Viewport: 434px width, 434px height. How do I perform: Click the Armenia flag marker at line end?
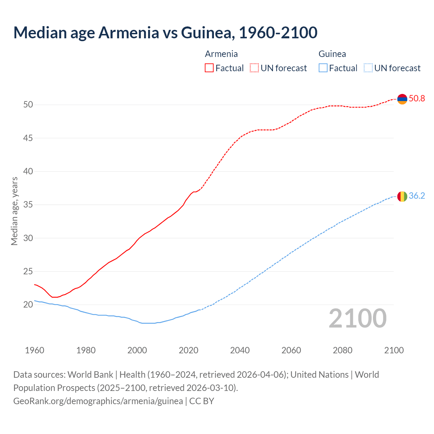[x=402, y=99]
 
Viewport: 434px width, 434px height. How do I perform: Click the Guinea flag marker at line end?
[x=402, y=196]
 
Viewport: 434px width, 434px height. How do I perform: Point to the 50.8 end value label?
[x=417, y=99]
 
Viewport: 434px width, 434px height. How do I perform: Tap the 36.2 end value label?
[x=417, y=196]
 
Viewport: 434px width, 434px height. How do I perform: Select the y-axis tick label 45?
[x=28, y=138]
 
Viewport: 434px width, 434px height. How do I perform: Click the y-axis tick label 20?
[x=28, y=305]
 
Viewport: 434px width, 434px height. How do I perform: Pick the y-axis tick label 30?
[x=28, y=238]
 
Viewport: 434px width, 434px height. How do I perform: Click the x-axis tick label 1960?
[x=35, y=350]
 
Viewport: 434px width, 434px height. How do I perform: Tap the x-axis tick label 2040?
[x=240, y=350]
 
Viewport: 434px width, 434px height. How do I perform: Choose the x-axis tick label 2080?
[x=342, y=350]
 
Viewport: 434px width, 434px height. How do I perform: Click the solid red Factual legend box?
[x=209, y=68]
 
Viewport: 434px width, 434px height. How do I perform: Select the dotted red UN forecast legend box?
[x=254, y=68]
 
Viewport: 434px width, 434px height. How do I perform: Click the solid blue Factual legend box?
[x=323, y=68]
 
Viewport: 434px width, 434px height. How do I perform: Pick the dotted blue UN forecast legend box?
[x=368, y=68]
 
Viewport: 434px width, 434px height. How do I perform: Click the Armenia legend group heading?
[x=221, y=54]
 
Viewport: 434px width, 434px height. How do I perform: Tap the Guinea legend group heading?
[x=332, y=54]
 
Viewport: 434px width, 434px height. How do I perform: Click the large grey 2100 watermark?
[x=357, y=318]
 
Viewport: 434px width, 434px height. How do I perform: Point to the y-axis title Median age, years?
[x=14, y=211]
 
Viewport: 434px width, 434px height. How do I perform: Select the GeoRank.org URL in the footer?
[x=98, y=401]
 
